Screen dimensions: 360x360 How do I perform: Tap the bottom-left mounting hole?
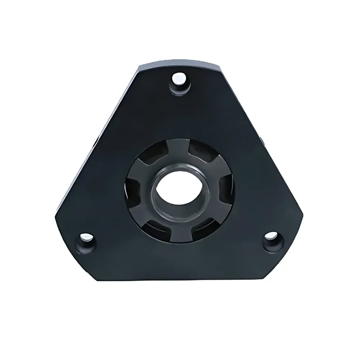[x=86, y=238]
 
